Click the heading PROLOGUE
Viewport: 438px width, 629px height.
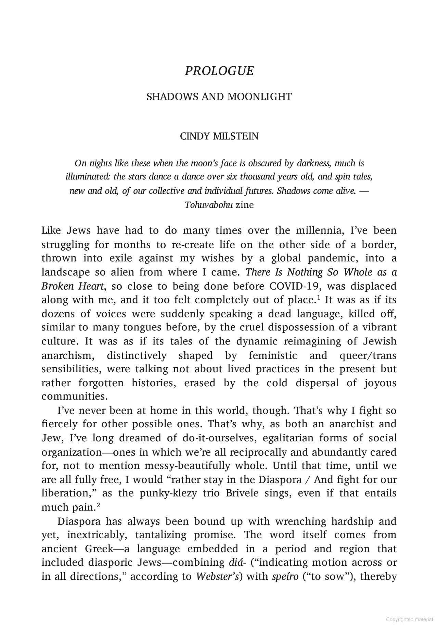click(219, 71)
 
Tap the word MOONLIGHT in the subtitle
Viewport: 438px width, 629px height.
click(260, 97)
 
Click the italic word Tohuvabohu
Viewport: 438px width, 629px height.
click(209, 205)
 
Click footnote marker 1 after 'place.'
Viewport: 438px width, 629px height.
click(319, 298)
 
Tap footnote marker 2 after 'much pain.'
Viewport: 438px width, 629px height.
click(98, 505)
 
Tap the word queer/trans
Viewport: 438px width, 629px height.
click(368, 355)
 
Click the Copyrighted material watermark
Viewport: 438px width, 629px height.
click(409, 619)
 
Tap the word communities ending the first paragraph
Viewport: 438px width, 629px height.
click(74, 397)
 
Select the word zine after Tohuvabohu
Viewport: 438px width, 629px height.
click(245, 205)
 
